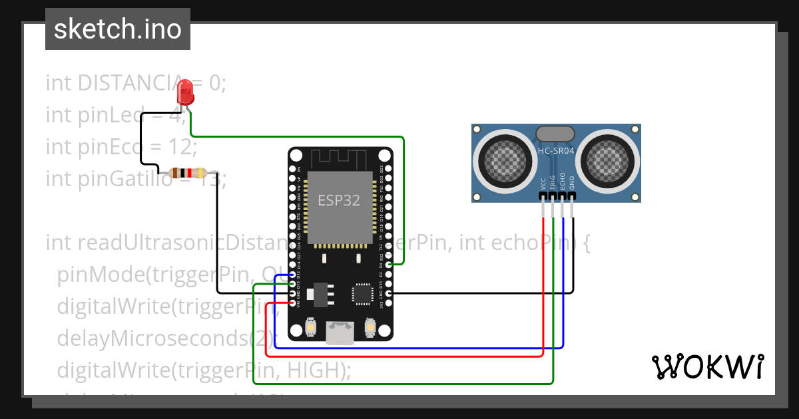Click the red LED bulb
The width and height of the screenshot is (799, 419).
click(x=186, y=92)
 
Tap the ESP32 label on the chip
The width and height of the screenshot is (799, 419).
click(x=340, y=200)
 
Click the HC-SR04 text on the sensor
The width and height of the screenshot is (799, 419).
click(x=556, y=151)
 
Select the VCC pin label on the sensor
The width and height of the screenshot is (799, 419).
click(x=544, y=184)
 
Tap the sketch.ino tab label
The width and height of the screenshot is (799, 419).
click(x=117, y=29)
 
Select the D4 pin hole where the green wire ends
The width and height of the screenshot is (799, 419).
click(x=390, y=265)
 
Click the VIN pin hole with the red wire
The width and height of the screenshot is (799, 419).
click(x=292, y=303)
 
